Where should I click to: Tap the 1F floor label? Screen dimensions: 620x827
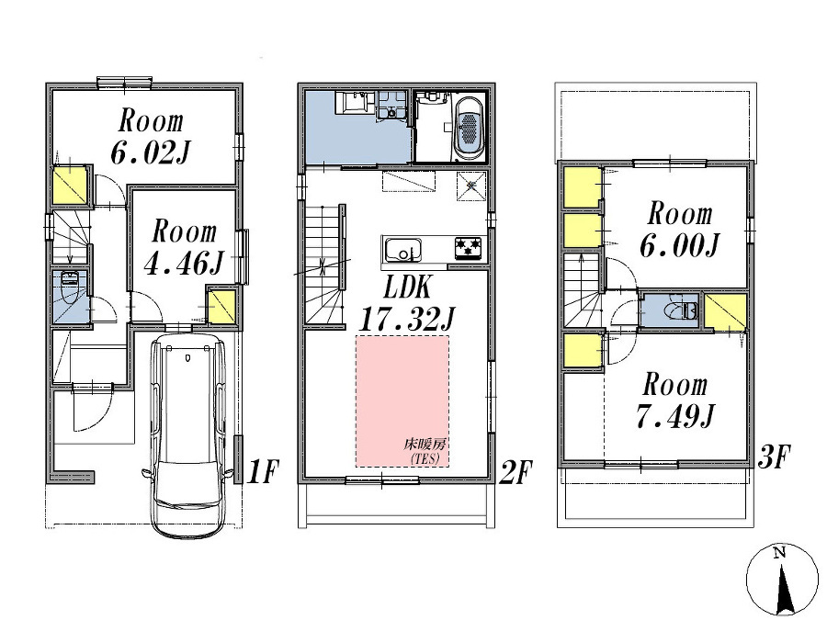(x=263, y=473)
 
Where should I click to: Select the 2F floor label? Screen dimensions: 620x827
(x=515, y=473)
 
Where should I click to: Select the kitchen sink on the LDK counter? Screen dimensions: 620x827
(x=402, y=249)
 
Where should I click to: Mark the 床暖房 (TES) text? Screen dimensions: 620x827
(x=425, y=449)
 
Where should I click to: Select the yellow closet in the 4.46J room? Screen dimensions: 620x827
(x=221, y=307)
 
